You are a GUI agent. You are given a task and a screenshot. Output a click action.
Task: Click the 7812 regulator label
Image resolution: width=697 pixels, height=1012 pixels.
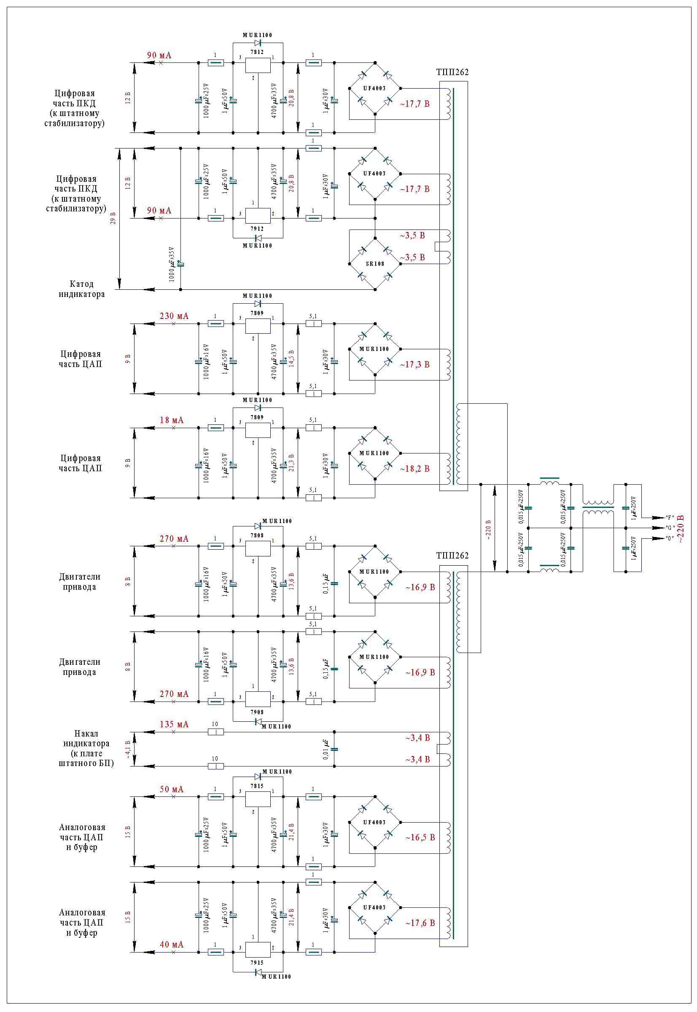click(x=257, y=52)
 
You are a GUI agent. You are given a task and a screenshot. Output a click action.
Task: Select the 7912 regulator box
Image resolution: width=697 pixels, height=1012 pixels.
click(x=258, y=216)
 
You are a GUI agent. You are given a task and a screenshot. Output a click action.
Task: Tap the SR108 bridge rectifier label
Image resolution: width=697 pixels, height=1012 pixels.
click(x=375, y=264)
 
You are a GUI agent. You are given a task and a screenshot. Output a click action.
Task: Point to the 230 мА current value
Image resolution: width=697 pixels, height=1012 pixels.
click(x=174, y=316)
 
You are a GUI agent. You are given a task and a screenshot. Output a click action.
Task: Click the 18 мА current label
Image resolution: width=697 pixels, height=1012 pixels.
click(x=171, y=420)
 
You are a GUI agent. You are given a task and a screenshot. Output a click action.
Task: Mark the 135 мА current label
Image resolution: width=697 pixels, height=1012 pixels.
click(x=174, y=724)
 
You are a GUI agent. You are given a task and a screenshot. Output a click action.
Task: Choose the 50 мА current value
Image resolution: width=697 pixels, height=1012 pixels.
click(x=171, y=789)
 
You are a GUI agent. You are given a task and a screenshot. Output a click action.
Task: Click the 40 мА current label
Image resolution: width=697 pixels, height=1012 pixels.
click(x=171, y=945)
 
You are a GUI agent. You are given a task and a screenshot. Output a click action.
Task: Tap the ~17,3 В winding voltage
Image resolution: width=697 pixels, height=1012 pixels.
click(x=414, y=364)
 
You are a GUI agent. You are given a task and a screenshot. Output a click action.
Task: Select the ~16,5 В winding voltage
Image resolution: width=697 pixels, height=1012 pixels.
click(x=420, y=837)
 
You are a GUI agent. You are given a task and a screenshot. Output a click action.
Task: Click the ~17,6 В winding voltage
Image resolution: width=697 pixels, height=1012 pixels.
click(x=420, y=923)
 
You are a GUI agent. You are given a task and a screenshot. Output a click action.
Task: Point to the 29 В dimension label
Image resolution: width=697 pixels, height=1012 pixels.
click(x=113, y=219)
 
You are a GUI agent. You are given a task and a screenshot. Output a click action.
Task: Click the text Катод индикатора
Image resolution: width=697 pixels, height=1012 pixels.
click(x=82, y=289)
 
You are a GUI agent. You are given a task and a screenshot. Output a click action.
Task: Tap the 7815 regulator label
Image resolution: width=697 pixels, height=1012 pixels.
click(x=257, y=786)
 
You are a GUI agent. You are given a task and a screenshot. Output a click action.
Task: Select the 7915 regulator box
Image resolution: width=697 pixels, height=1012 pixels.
click(x=258, y=950)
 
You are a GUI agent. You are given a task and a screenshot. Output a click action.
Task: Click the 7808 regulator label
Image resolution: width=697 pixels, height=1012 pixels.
click(x=257, y=535)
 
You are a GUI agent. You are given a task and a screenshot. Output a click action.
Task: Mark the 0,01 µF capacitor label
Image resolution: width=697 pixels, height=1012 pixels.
click(x=326, y=749)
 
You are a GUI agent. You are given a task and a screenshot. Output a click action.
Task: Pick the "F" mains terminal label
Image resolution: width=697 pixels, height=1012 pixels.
click(x=669, y=518)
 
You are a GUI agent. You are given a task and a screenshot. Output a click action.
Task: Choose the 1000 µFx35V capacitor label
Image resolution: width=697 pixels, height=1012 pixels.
click(x=172, y=264)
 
